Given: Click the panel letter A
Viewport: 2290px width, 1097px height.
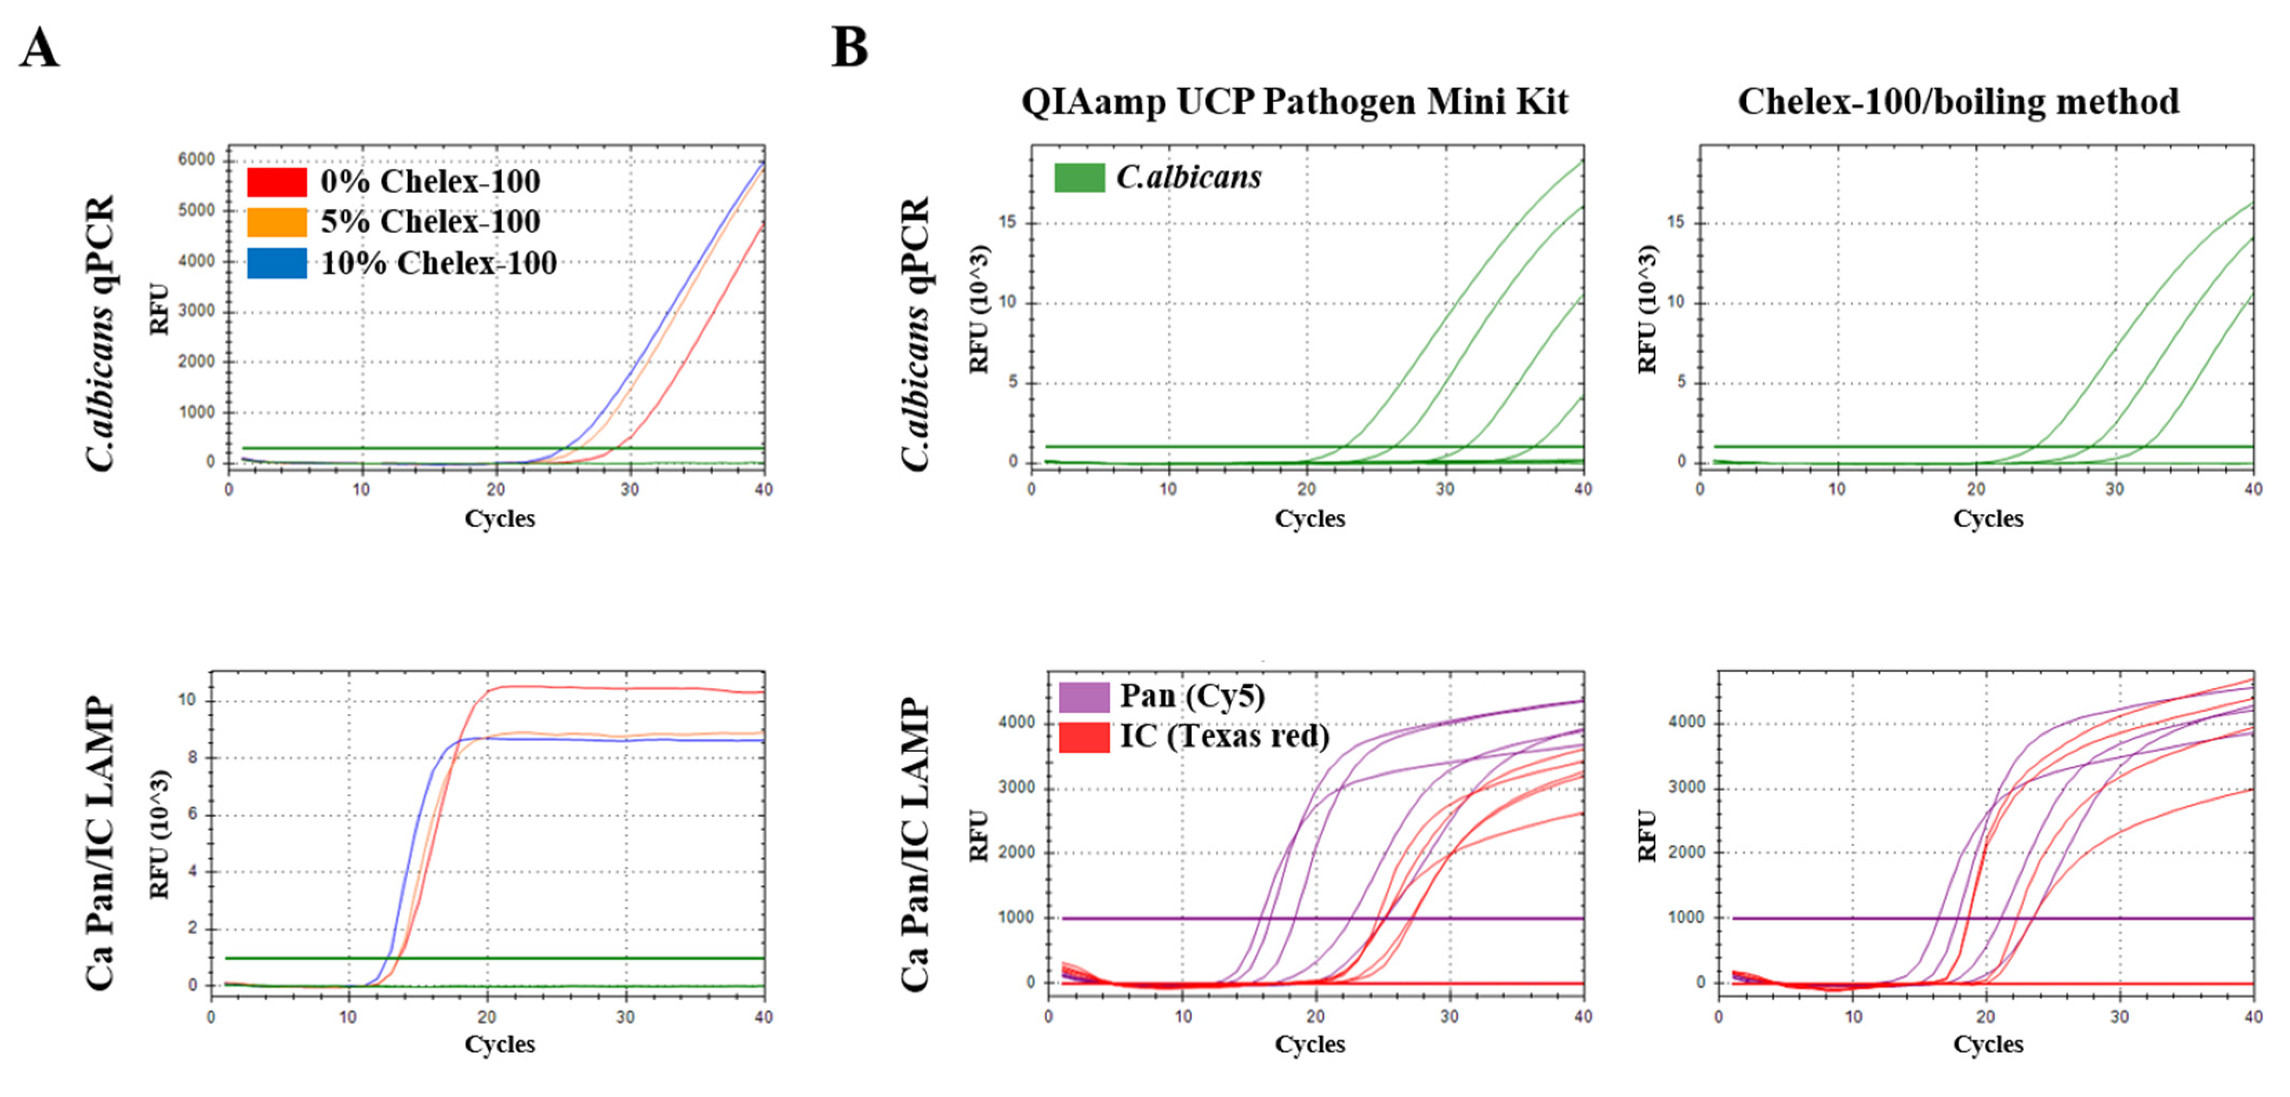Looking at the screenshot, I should click(x=39, y=48).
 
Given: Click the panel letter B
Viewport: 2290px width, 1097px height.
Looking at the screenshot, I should click(x=849, y=48).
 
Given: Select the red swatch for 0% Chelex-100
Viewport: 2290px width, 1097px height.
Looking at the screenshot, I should click(x=276, y=181).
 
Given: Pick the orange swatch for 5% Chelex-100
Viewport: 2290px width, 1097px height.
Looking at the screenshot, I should click(x=276, y=221).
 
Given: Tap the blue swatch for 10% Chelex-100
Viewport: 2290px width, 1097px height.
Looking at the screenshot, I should click(x=276, y=263).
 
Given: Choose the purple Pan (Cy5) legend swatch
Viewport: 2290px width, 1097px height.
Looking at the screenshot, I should click(x=1084, y=696).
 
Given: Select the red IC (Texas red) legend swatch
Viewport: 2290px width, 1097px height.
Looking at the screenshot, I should click(x=1084, y=737).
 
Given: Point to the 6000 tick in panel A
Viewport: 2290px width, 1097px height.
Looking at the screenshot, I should click(x=196, y=160).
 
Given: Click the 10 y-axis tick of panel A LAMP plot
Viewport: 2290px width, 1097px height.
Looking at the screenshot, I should click(x=186, y=701).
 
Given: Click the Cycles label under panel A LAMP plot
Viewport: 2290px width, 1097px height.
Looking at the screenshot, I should click(x=500, y=1045).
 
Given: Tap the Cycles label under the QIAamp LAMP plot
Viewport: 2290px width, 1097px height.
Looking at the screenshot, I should click(x=1309, y=1045).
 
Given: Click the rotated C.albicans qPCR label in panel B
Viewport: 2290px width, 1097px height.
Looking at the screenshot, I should click(x=916, y=333).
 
